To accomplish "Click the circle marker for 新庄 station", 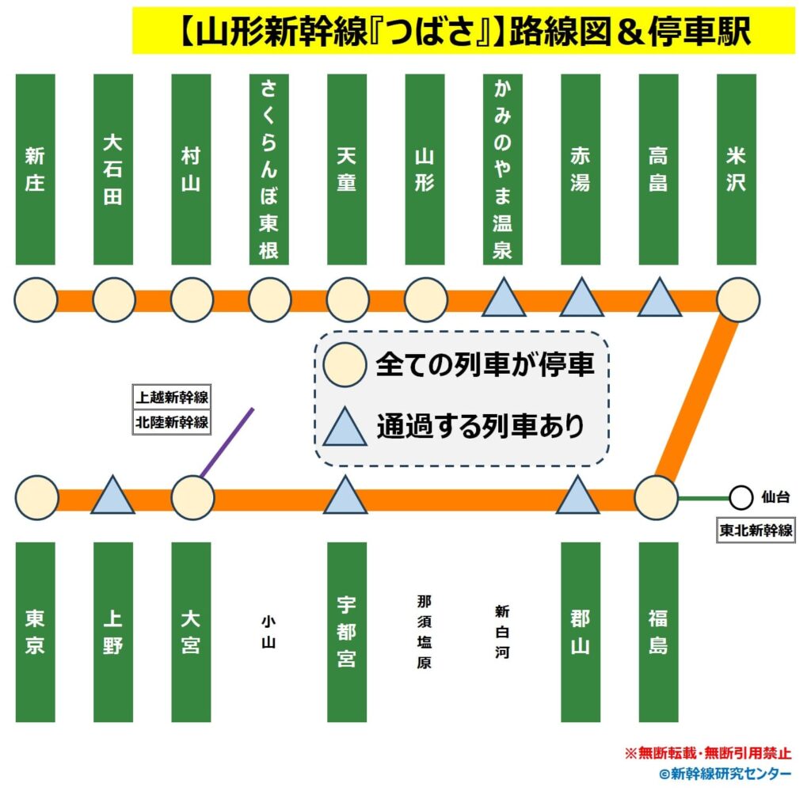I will pyautogui.click(x=36, y=300).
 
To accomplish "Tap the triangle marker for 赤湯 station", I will pyautogui.click(x=581, y=299).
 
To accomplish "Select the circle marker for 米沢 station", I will pyautogui.click(x=737, y=300).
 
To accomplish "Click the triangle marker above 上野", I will pyautogui.click(x=112, y=497).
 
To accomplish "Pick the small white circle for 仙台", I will pyautogui.click(x=741, y=498).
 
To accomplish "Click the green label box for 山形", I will pyautogui.click(x=425, y=169).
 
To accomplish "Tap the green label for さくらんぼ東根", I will pyautogui.click(x=268, y=169).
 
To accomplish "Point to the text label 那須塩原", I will pyautogui.click(x=425, y=632).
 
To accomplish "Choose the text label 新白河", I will pyautogui.click(x=502, y=632).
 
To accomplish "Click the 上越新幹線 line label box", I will pyautogui.click(x=172, y=397).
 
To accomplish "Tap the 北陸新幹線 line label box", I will pyautogui.click(x=172, y=422).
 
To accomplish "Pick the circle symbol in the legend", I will pyautogui.click(x=345, y=367).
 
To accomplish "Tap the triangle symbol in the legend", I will pyautogui.click(x=345, y=427).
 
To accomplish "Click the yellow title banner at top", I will pyautogui.click(x=463, y=31).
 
